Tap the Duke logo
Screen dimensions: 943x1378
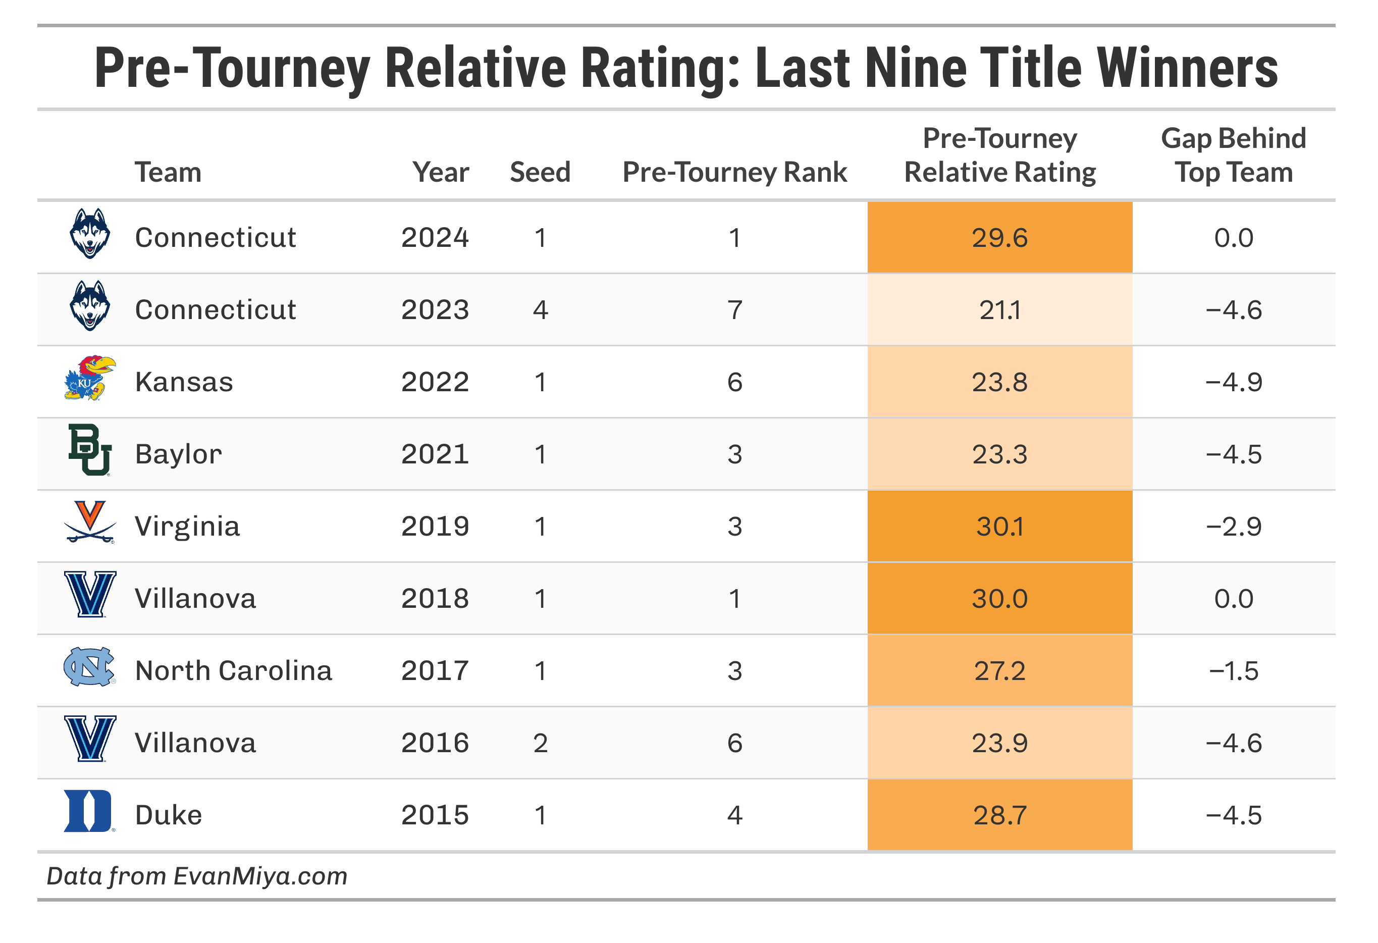click(x=88, y=811)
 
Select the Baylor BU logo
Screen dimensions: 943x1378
click(x=89, y=450)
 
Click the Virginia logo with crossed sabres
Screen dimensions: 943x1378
click(x=89, y=522)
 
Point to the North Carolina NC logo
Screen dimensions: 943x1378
click(x=89, y=667)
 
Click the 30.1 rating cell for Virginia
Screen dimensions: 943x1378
click(x=1000, y=526)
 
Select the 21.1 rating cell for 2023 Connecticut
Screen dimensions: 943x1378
click(x=1000, y=309)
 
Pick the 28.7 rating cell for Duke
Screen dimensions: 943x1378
click(x=1000, y=815)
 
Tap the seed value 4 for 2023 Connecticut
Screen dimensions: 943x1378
click(x=540, y=309)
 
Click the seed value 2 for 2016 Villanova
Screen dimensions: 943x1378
click(x=540, y=743)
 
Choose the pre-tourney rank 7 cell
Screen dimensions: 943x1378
click(x=734, y=309)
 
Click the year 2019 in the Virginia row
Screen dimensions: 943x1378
click(x=435, y=526)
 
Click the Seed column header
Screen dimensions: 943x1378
click(x=540, y=172)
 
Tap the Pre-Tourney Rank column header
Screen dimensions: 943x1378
click(x=734, y=172)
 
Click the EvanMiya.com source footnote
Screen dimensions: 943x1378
click(x=197, y=876)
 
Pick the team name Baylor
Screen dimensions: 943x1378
click(x=179, y=454)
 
